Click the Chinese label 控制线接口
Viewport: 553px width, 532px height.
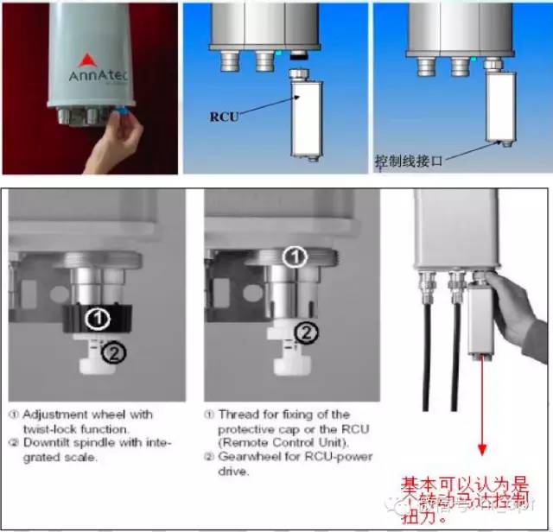(x=406, y=161)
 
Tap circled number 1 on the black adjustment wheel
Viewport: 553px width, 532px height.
(x=100, y=319)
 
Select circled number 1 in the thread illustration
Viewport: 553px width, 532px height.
(x=296, y=256)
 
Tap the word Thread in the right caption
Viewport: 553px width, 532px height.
(x=237, y=414)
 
